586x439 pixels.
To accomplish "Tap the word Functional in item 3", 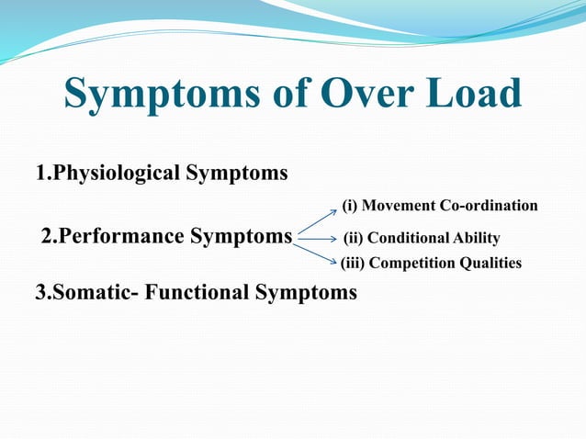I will tap(208, 293).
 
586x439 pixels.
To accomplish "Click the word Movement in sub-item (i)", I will tap(400, 205).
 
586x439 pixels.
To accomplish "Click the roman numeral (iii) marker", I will tap(354, 264).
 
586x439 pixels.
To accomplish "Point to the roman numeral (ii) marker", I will tap(354, 239).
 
